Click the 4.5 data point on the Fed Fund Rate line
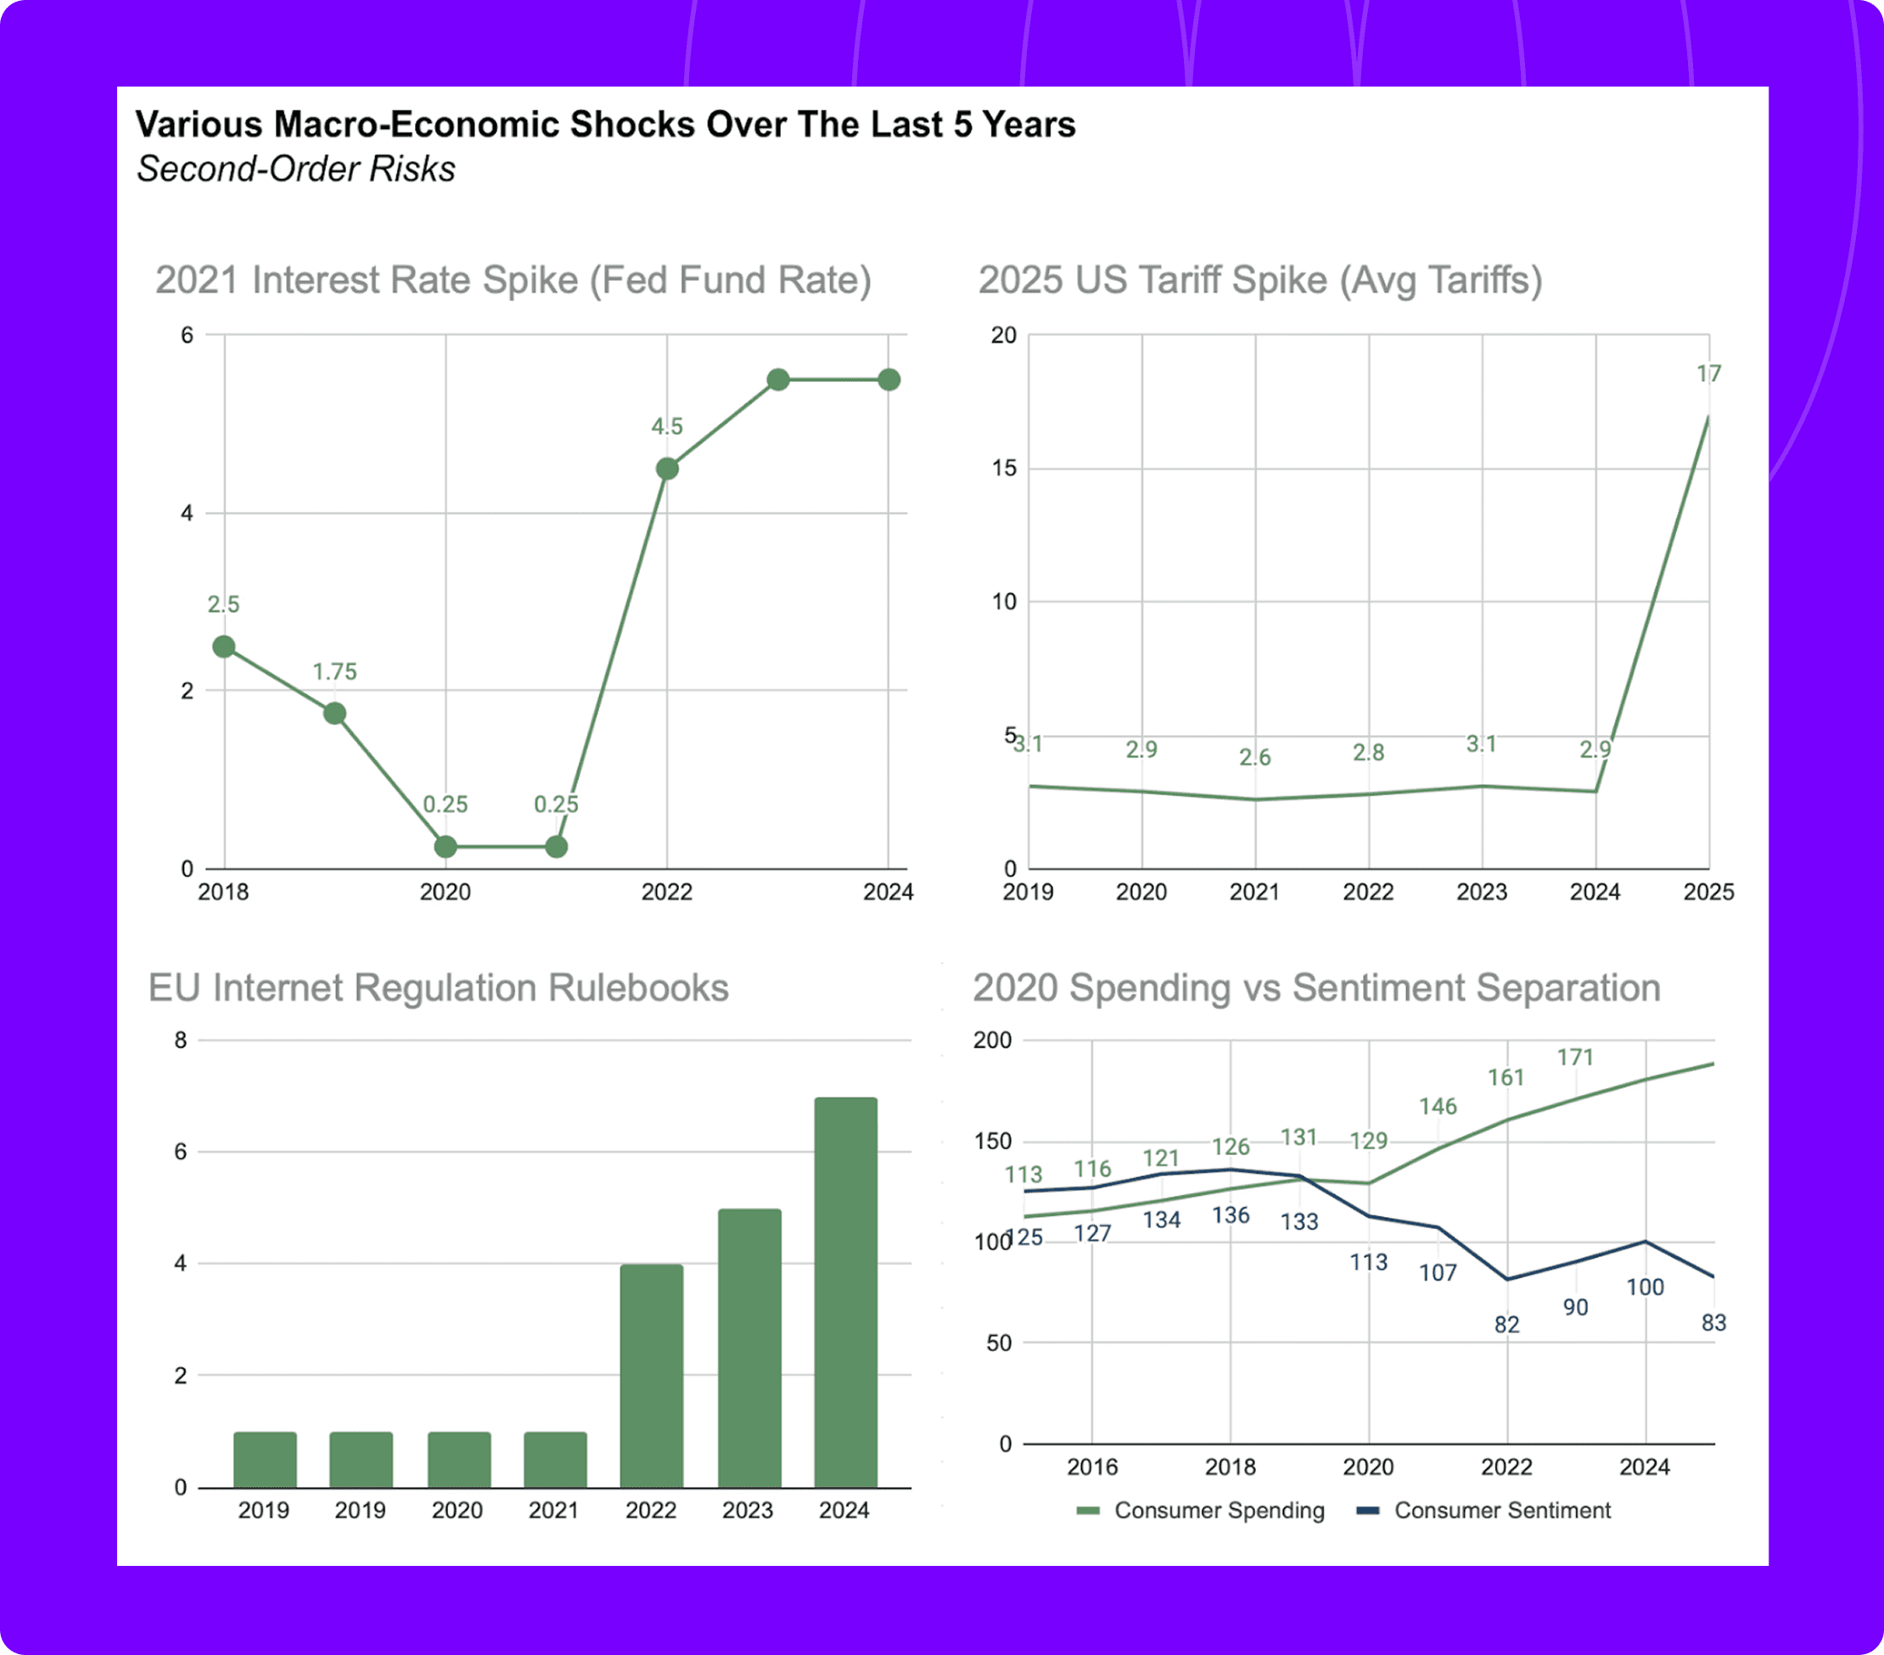[667, 468]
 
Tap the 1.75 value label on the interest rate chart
[334, 671]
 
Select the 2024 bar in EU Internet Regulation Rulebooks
[845, 1292]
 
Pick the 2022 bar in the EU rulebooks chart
[652, 1376]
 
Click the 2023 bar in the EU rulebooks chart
[749, 1348]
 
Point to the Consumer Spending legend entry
[1200, 1510]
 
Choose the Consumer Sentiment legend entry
[1484, 1510]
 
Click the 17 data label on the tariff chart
[1709, 373]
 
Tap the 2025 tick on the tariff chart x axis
[1709, 892]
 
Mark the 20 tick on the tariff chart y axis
[1004, 334]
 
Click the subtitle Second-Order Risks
[296, 169]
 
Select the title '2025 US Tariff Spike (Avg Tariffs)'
[1260, 280]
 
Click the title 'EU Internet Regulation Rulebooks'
[439, 987]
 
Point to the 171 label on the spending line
[1575, 1057]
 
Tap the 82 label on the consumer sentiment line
[1507, 1324]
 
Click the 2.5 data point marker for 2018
[224, 647]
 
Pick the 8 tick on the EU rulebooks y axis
[181, 1040]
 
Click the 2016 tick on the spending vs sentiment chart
[1092, 1467]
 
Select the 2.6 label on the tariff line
[1254, 757]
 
